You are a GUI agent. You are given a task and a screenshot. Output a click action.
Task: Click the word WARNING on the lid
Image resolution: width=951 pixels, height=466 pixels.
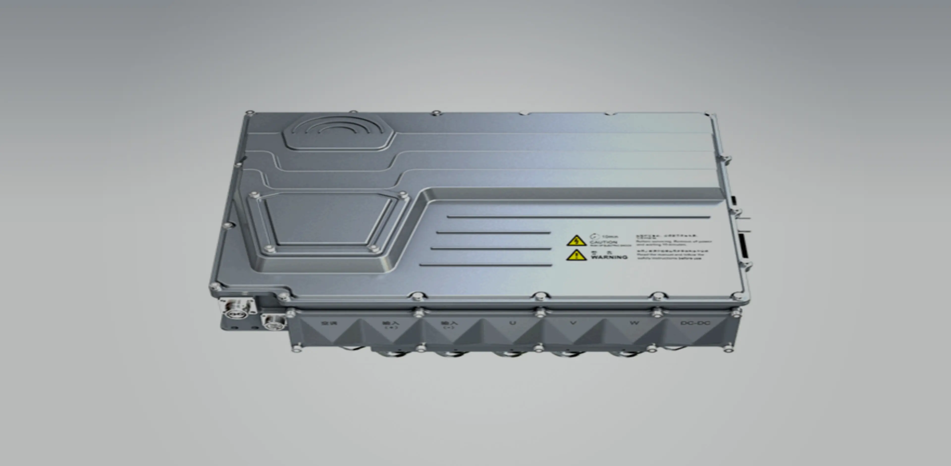point(609,257)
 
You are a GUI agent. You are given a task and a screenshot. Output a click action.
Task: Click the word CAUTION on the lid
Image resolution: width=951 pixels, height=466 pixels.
point(603,242)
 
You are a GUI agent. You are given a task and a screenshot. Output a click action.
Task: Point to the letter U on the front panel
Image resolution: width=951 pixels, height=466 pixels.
point(512,323)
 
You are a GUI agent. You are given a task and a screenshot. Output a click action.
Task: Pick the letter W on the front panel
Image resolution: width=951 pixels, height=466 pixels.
point(634,323)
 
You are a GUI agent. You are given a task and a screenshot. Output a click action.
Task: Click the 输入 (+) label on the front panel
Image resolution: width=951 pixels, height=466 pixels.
point(391,325)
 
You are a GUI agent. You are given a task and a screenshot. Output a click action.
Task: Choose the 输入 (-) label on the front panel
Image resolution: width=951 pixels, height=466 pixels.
point(449,325)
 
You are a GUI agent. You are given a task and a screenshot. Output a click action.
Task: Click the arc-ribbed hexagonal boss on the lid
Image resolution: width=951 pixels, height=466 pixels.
point(338,133)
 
